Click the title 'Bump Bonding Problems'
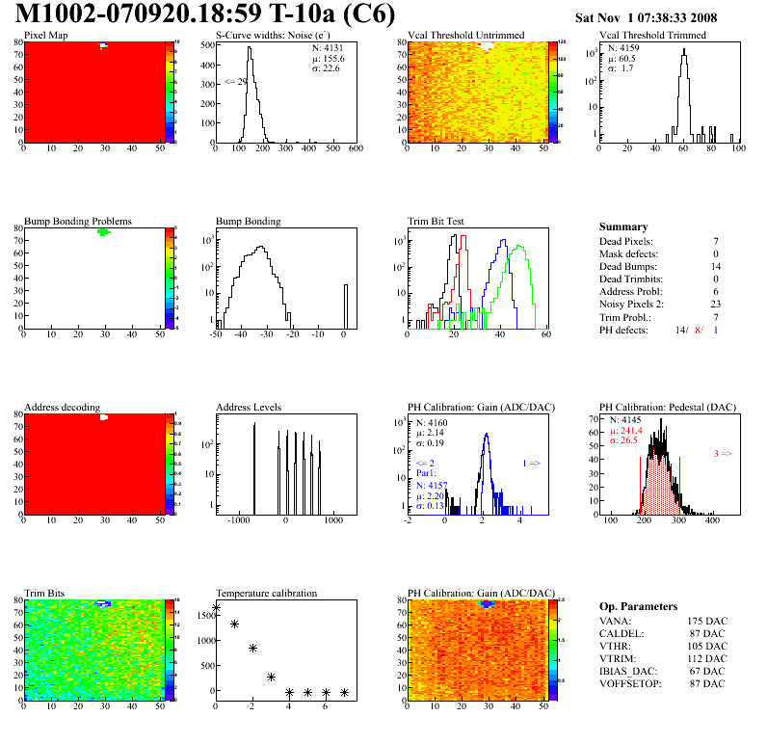(78, 221)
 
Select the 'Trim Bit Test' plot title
(436, 221)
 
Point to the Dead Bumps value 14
(716, 266)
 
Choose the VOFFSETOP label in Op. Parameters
(631, 683)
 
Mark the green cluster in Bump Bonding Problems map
(103, 232)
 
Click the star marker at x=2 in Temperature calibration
(252, 648)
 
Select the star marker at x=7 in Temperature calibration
(344, 692)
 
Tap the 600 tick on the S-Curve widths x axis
(355, 149)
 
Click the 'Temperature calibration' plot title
(267, 593)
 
